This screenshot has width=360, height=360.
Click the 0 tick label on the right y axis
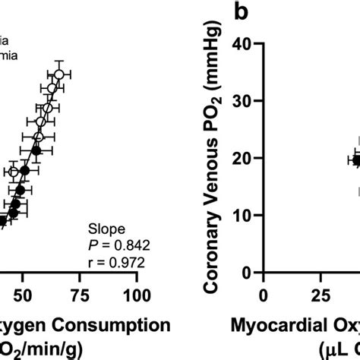[x=246, y=273]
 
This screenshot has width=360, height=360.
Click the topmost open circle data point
[x=58, y=74]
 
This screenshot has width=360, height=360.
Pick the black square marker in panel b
[x=357, y=160]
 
